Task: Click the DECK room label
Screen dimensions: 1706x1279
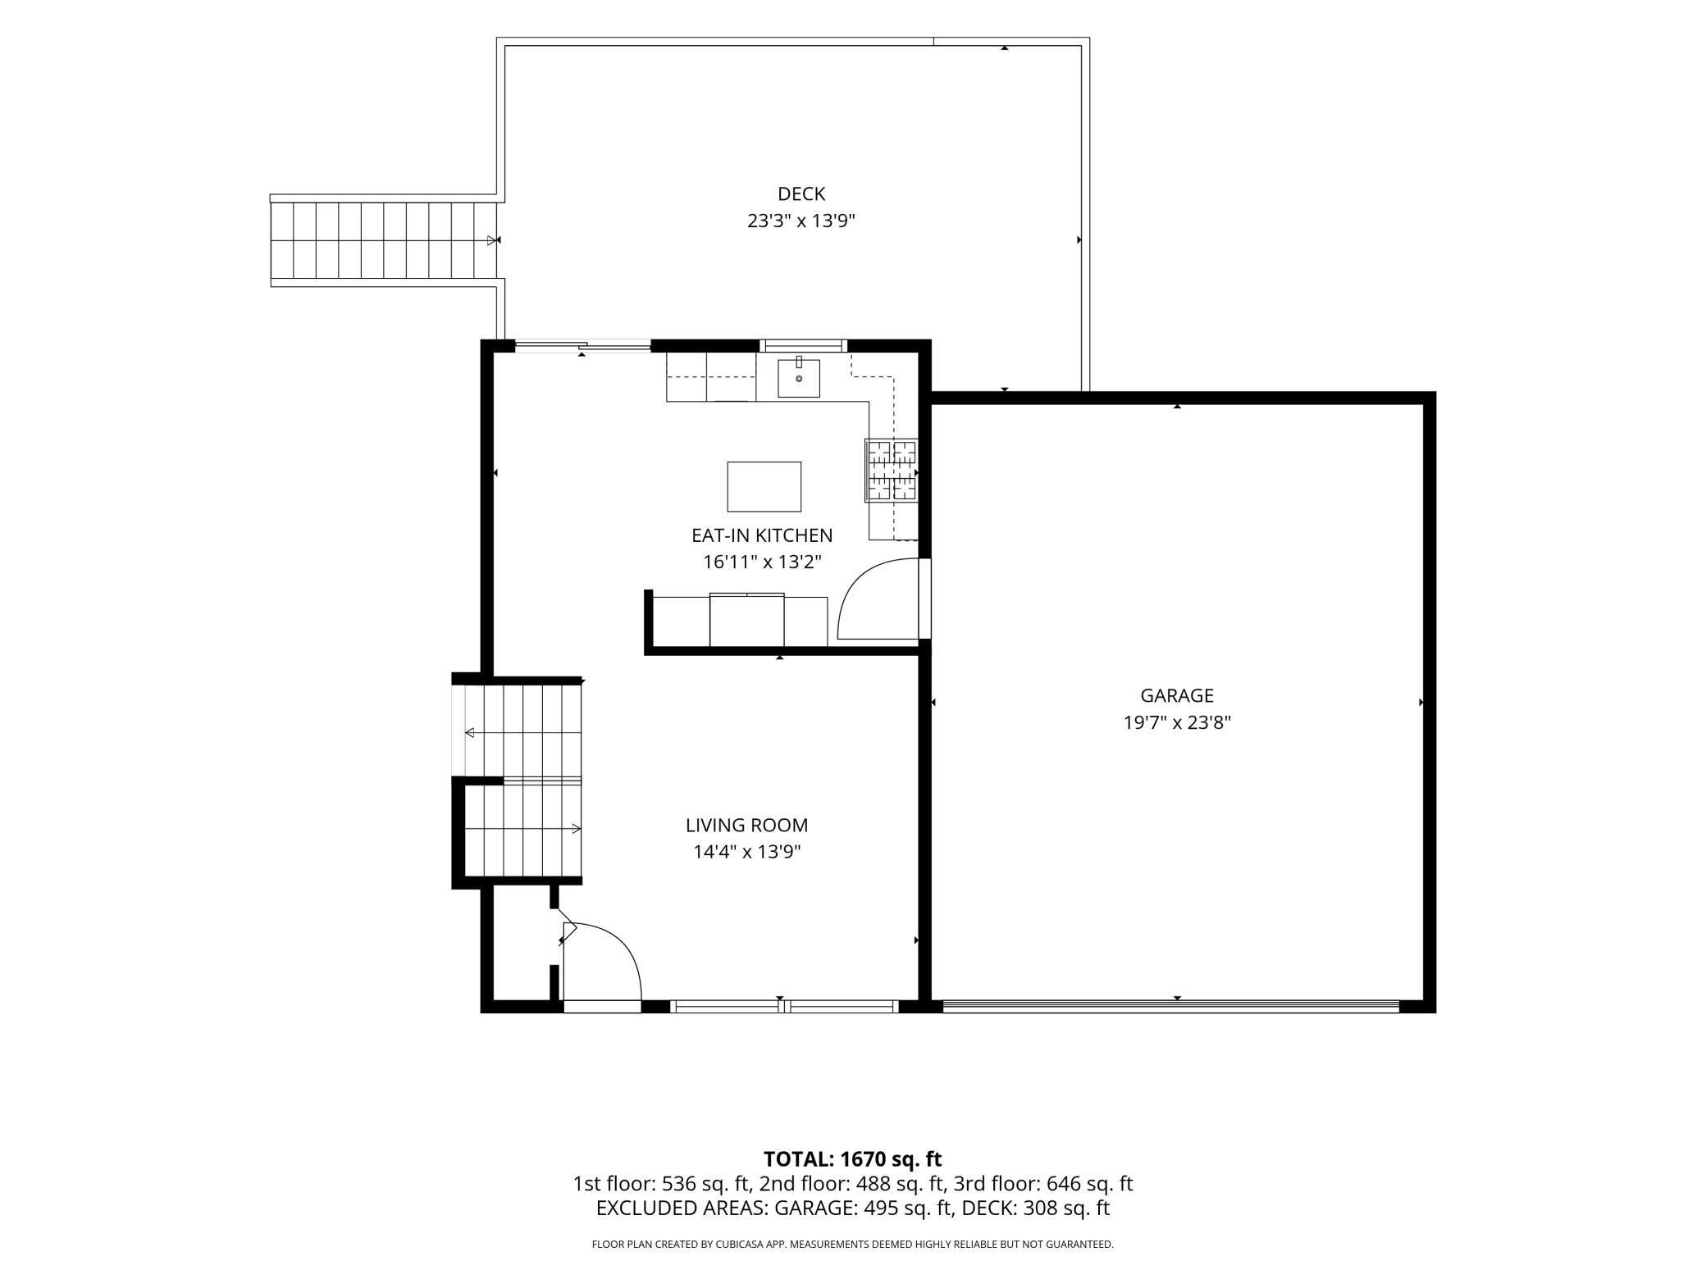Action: (x=801, y=194)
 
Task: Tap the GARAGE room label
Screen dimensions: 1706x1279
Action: (x=1177, y=696)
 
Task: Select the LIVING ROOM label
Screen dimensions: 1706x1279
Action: (x=747, y=826)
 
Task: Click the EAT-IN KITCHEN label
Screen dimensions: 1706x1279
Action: (x=762, y=535)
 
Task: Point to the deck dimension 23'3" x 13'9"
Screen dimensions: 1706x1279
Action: (x=801, y=221)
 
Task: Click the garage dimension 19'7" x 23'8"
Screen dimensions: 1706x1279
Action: (x=1177, y=723)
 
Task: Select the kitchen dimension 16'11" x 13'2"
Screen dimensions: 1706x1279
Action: (x=762, y=562)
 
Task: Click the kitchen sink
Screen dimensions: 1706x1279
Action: (x=799, y=377)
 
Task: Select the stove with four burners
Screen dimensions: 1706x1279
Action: (x=892, y=471)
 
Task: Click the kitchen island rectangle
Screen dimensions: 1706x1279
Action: (x=764, y=487)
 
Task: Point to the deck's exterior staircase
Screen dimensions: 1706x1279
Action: (x=385, y=240)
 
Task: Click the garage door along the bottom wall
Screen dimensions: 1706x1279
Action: (x=1170, y=1005)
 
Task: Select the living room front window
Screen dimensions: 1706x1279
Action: (x=785, y=1006)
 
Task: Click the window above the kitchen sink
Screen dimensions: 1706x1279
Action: (x=803, y=345)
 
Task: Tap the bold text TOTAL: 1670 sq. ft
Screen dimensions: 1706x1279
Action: (x=853, y=1159)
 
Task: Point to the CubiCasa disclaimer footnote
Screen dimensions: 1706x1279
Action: (x=853, y=1245)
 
